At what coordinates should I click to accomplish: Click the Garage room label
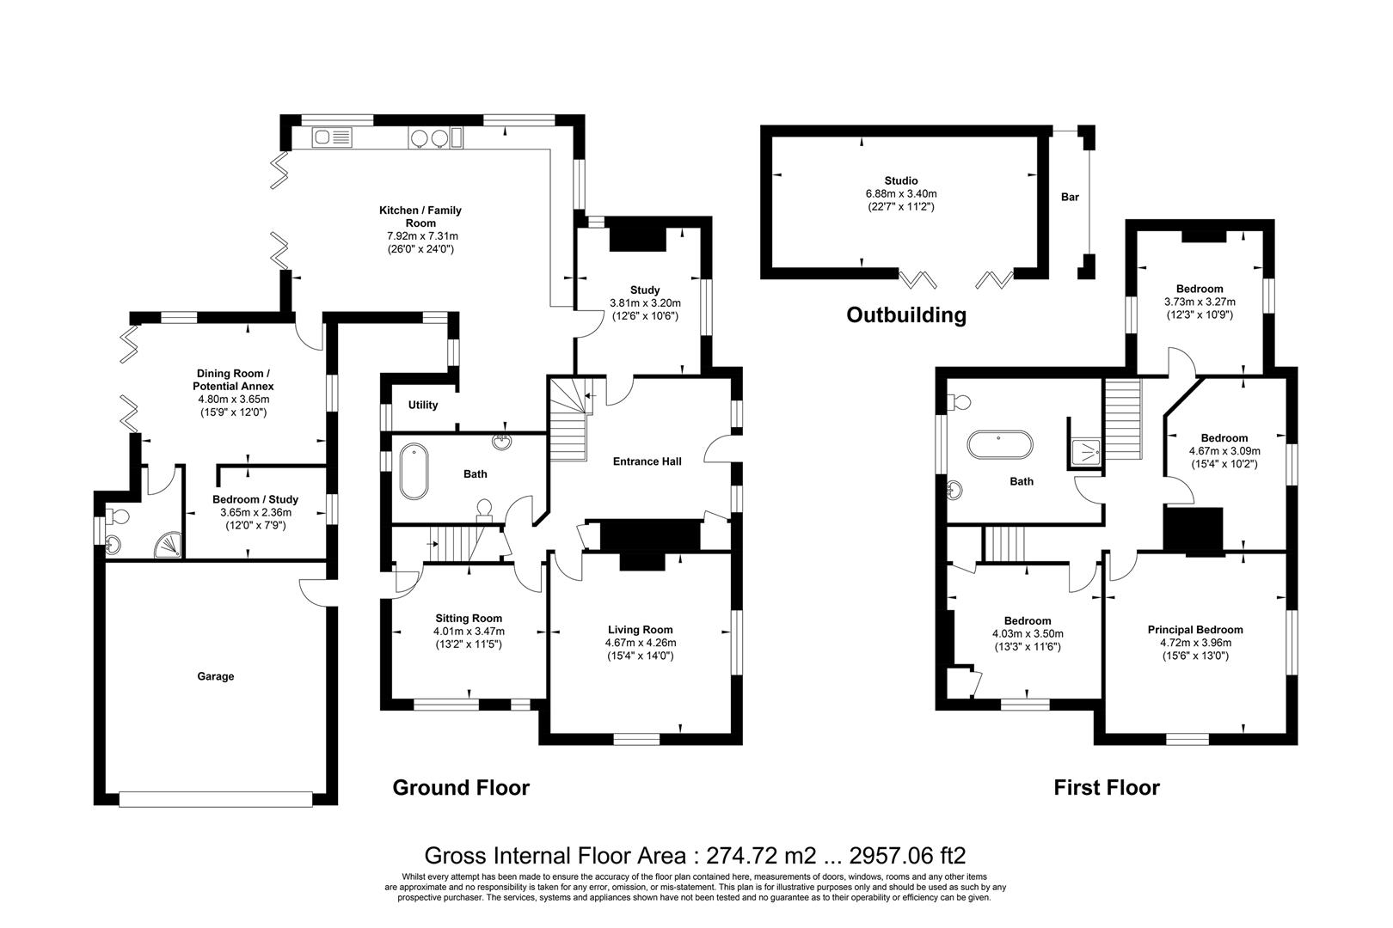[x=216, y=676]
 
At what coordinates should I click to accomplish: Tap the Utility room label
[x=423, y=405]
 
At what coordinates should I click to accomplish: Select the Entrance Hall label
[x=647, y=461]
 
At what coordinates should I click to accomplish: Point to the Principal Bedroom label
[x=1195, y=630]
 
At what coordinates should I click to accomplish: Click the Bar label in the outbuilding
[x=1070, y=197]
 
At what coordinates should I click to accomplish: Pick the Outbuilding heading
[x=906, y=315]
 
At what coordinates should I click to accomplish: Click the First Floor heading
[x=1107, y=788]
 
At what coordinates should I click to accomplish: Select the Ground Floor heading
[x=461, y=788]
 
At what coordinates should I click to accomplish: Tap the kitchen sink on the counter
[x=332, y=137]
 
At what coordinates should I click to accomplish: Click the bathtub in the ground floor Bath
[x=414, y=471]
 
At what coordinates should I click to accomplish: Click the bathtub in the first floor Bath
[x=1000, y=445]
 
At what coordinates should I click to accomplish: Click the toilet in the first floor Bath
[x=958, y=402]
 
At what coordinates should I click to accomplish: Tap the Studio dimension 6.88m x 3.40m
[x=901, y=194]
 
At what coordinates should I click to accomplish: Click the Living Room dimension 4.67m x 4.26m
[x=641, y=643]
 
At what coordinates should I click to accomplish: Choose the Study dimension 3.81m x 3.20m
[x=645, y=303]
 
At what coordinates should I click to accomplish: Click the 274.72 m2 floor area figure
[x=760, y=856]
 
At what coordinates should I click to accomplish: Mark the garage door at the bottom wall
[x=215, y=799]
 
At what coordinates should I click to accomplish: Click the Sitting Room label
[x=469, y=619]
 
